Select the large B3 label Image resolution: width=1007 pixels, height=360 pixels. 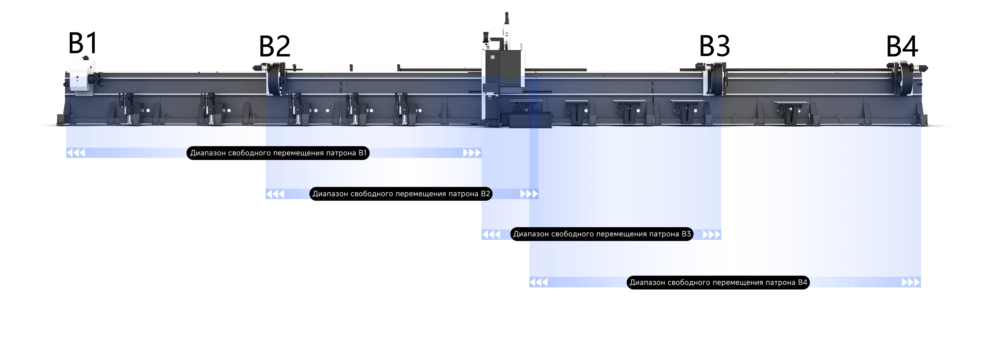point(714,46)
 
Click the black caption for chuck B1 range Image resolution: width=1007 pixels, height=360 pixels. point(278,153)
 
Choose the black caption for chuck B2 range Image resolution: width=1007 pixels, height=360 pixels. point(401,194)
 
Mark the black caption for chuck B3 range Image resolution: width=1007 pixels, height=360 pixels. point(602,234)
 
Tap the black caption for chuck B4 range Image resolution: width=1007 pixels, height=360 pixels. point(718,282)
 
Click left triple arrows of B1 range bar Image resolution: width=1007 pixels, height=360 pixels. point(76,153)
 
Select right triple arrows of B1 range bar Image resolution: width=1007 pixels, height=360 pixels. point(472,153)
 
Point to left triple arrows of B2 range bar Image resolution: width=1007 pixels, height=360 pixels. point(275,194)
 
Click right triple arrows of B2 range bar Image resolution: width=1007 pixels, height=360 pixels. point(529,194)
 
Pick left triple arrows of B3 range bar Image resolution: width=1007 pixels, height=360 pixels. point(491,235)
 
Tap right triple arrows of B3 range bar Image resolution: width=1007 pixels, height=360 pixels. point(712,235)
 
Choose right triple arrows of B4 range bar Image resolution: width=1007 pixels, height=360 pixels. point(911,282)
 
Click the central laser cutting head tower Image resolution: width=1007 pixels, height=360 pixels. point(503,70)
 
